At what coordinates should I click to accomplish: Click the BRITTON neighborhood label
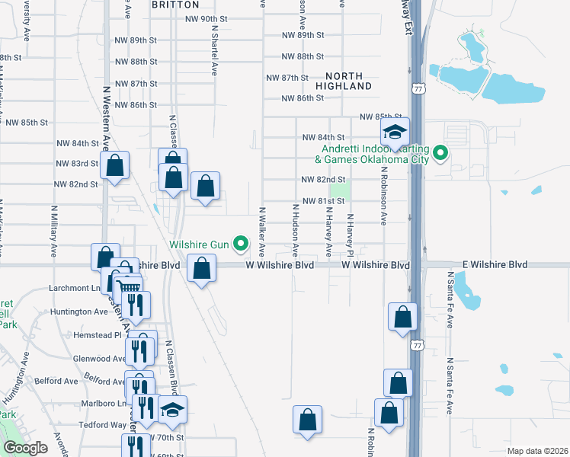(175, 5)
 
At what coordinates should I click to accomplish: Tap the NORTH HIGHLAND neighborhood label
(349, 81)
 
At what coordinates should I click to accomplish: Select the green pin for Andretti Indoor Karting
(440, 155)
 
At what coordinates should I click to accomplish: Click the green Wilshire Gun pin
(241, 244)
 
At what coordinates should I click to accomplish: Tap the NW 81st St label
(324, 201)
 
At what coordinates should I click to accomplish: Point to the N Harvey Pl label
(351, 235)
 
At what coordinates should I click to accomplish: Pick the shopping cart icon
(129, 286)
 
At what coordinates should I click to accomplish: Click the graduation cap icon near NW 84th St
(395, 133)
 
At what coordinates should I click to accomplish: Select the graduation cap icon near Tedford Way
(172, 411)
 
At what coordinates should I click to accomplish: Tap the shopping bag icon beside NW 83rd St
(114, 165)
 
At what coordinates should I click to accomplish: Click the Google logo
(24, 448)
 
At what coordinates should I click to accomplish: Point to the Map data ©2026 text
(537, 451)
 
